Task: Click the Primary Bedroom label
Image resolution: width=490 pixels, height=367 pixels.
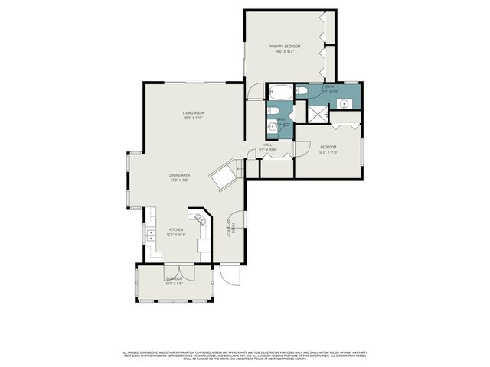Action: coord(284,47)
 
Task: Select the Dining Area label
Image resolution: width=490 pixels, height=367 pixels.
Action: coord(180,175)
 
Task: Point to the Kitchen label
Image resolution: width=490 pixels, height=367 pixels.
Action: coord(176,229)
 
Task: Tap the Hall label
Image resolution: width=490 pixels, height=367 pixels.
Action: coord(268,145)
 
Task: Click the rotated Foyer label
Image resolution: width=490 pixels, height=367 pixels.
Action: coord(230,226)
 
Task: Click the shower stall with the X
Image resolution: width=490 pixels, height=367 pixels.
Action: coord(315,112)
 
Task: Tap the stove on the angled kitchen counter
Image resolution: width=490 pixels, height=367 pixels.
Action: coord(203,221)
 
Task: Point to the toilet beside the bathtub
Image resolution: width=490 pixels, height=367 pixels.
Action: coord(301,93)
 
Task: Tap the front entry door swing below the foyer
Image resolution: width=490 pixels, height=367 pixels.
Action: coord(228,272)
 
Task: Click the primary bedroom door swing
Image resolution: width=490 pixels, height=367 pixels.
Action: coord(253,91)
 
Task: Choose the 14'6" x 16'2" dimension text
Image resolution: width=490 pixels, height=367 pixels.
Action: coord(284,52)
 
